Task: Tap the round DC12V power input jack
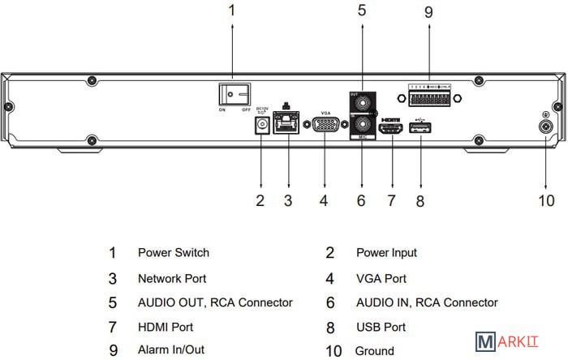coord(261,126)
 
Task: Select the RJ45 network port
coord(287,125)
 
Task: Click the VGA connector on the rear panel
coord(325,126)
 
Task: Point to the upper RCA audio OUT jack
coord(361,103)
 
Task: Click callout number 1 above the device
coord(232,11)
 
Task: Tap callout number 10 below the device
coord(546,199)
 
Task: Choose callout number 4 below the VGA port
coord(324,199)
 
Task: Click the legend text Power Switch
coord(174,253)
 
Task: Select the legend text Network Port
coord(172,278)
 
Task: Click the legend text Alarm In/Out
coord(171,351)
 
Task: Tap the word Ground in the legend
coord(375,351)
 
